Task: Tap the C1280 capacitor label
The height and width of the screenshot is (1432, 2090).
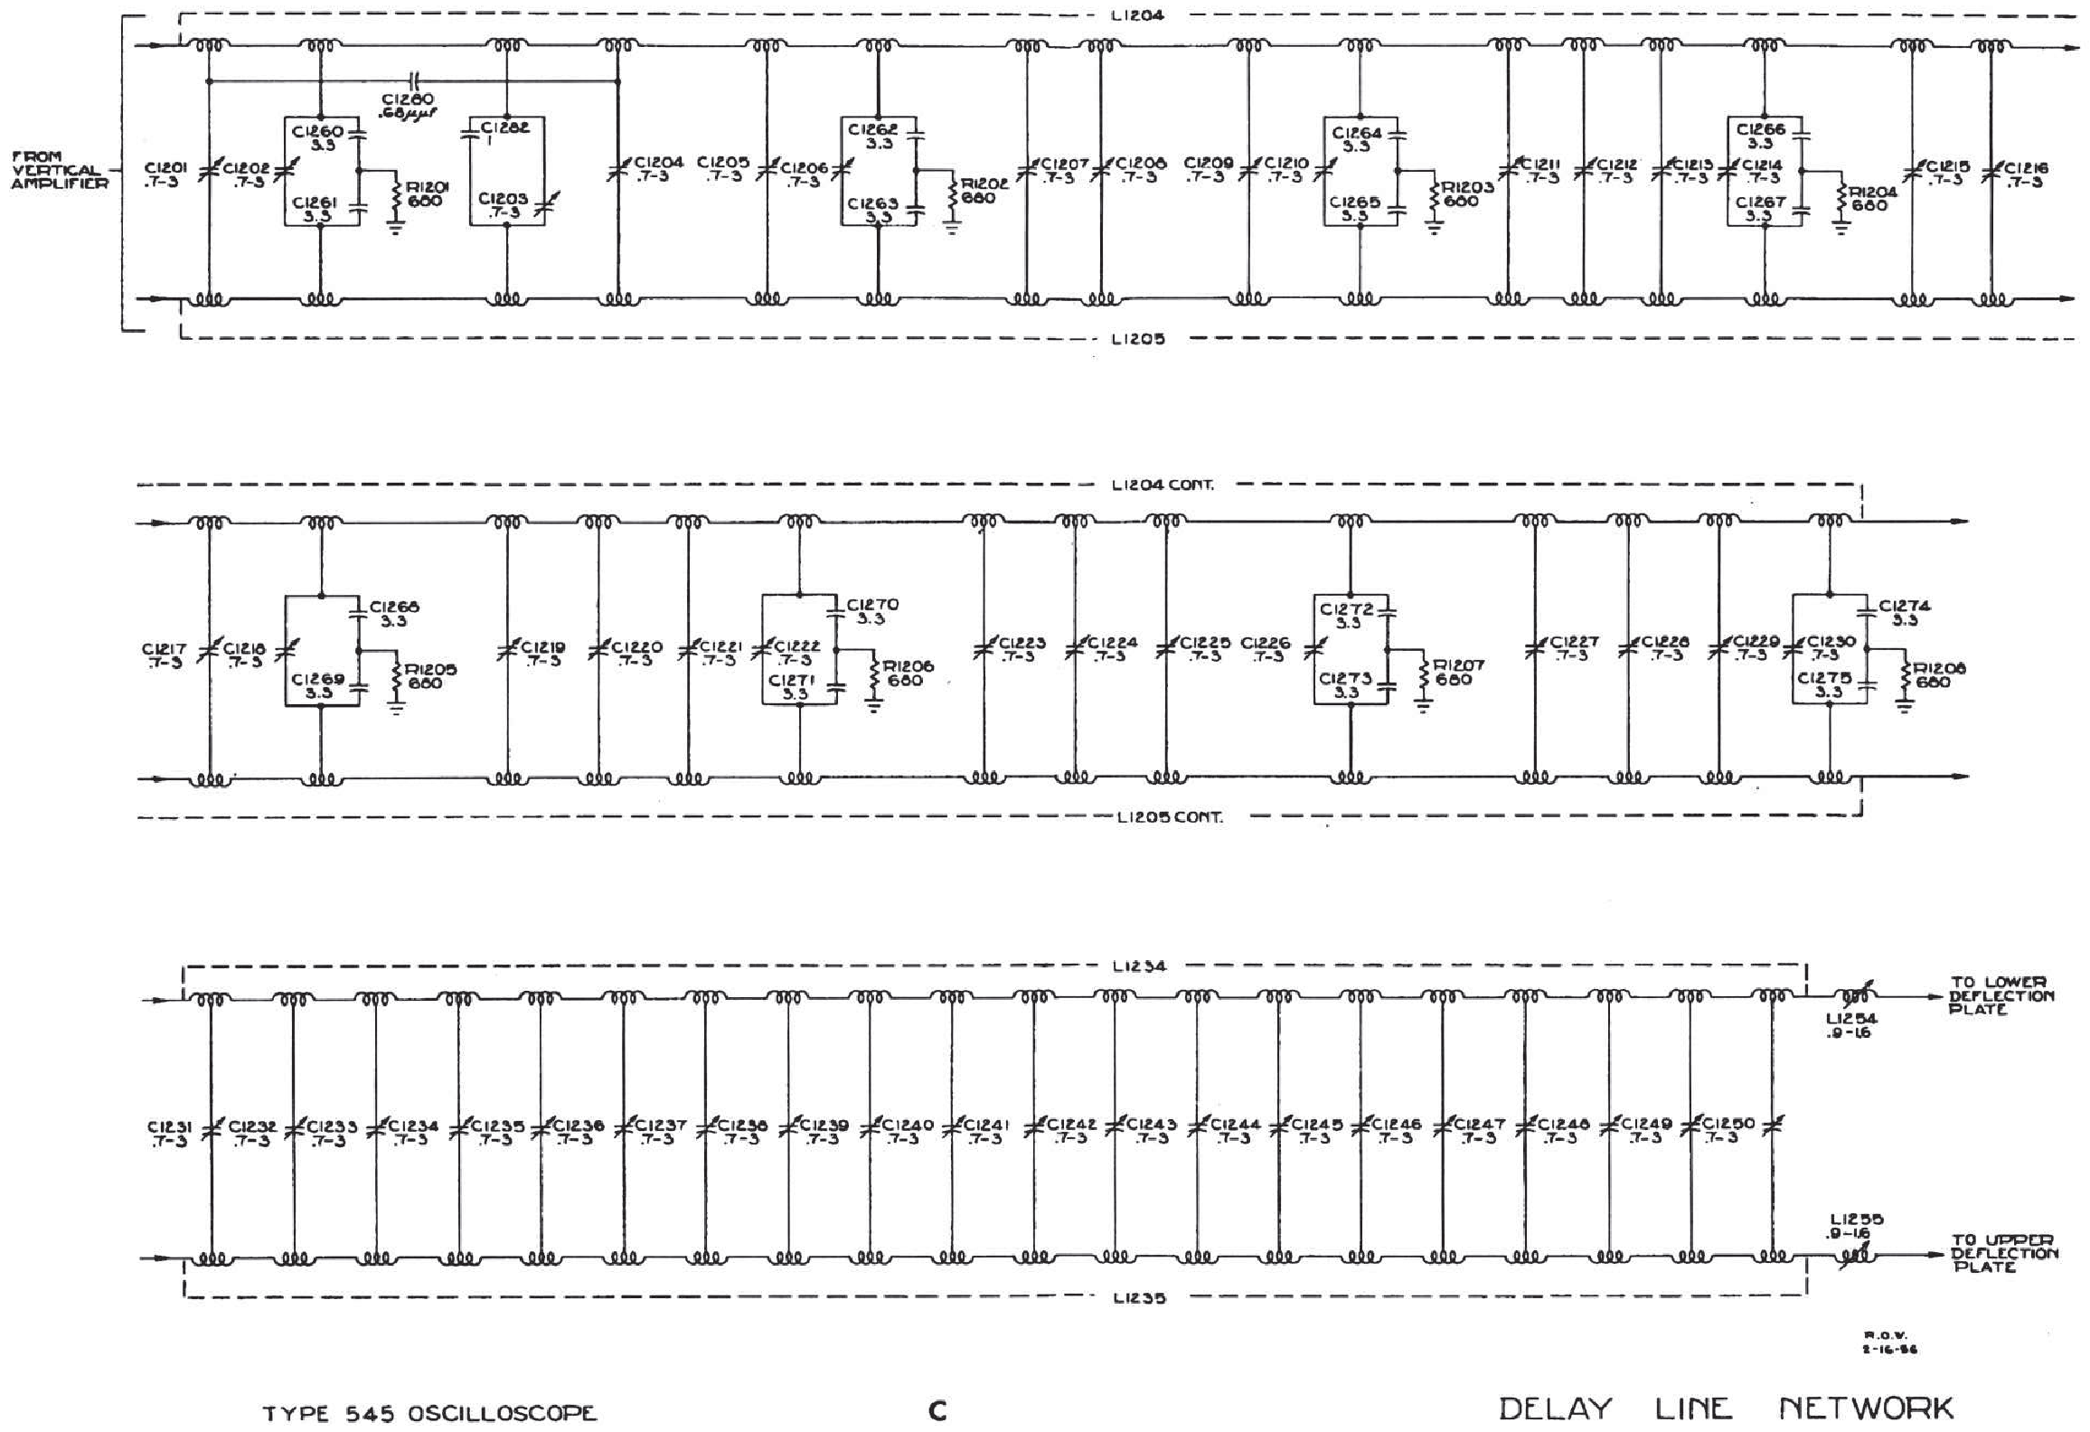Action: (408, 99)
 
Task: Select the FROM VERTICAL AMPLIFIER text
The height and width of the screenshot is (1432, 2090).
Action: (59, 170)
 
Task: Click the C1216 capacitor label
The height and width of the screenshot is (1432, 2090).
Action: (2026, 168)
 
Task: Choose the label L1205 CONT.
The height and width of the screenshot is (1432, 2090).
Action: (1170, 817)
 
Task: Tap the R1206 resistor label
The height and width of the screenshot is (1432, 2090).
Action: (908, 666)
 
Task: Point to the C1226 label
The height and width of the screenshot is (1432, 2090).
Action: (1266, 644)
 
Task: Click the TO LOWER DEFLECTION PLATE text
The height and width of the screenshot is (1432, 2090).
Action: (2001, 995)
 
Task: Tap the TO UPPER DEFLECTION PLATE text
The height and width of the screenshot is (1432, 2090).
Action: (2003, 1253)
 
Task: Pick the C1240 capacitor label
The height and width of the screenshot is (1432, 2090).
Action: (908, 1126)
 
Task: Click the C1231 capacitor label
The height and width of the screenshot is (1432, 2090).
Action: (169, 1127)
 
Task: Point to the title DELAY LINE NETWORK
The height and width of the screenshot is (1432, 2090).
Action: (1726, 1408)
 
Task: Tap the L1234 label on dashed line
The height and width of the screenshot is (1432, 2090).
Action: (1139, 966)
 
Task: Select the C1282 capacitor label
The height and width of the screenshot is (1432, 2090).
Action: (505, 127)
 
